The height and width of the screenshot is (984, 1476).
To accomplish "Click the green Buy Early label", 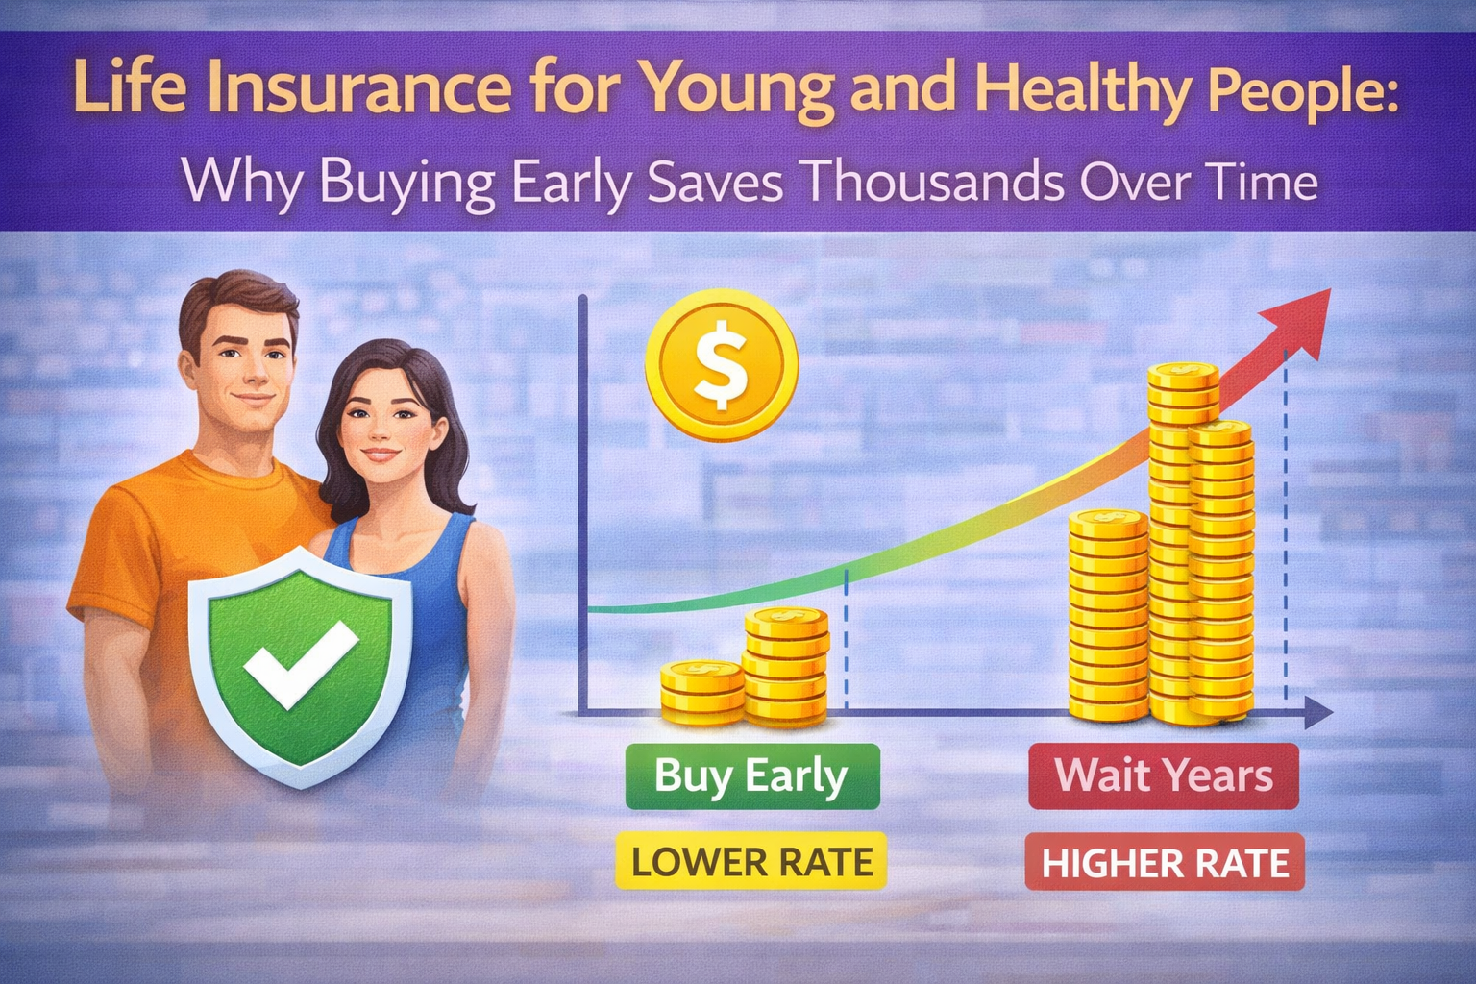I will pyautogui.click(x=751, y=775).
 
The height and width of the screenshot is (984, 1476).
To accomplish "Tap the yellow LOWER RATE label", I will pyautogui.click(x=751, y=861).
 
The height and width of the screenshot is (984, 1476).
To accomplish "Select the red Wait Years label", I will pyautogui.click(x=1164, y=775).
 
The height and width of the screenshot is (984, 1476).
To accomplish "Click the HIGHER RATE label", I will pyautogui.click(x=1165, y=863).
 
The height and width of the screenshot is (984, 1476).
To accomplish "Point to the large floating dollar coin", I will pyautogui.click(x=722, y=365).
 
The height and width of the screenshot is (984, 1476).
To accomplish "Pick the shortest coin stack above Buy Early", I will pyautogui.click(x=701, y=690).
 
